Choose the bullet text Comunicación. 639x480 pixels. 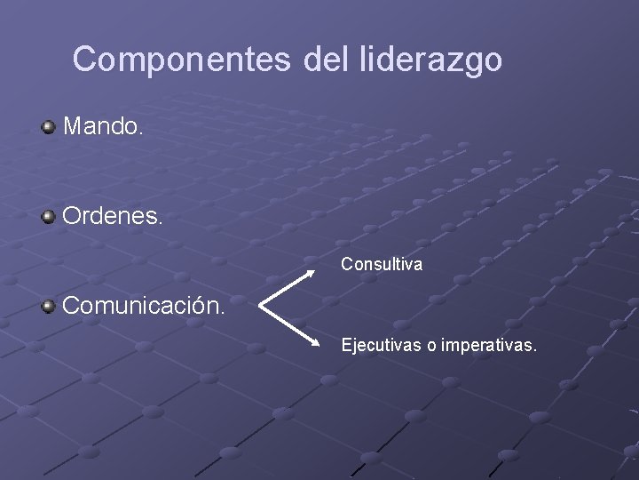click(x=143, y=308)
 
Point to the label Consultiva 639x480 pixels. click(x=383, y=264)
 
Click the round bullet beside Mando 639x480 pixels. click(x=49, y=127)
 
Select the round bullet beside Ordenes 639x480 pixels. click(x=49, y=217)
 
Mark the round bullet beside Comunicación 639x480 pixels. click(x=49, y=308)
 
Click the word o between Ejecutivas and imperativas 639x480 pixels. click(x=432, y=345)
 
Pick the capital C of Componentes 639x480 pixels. click(x=85, y=60)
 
